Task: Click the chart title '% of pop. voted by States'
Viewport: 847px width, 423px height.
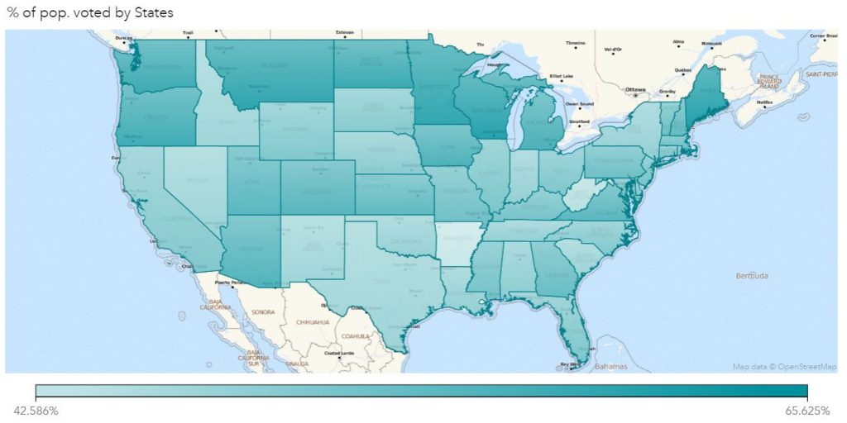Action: pos(90,12)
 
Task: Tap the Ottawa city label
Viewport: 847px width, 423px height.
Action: pos(635,88)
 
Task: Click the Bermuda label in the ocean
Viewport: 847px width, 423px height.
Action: pos(751,275)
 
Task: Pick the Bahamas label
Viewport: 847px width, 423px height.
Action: pos(610,366)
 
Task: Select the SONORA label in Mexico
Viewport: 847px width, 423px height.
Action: pos(262,312)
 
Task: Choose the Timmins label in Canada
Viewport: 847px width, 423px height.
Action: pos(575,43)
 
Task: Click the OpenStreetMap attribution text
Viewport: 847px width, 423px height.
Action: pos(784,366)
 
